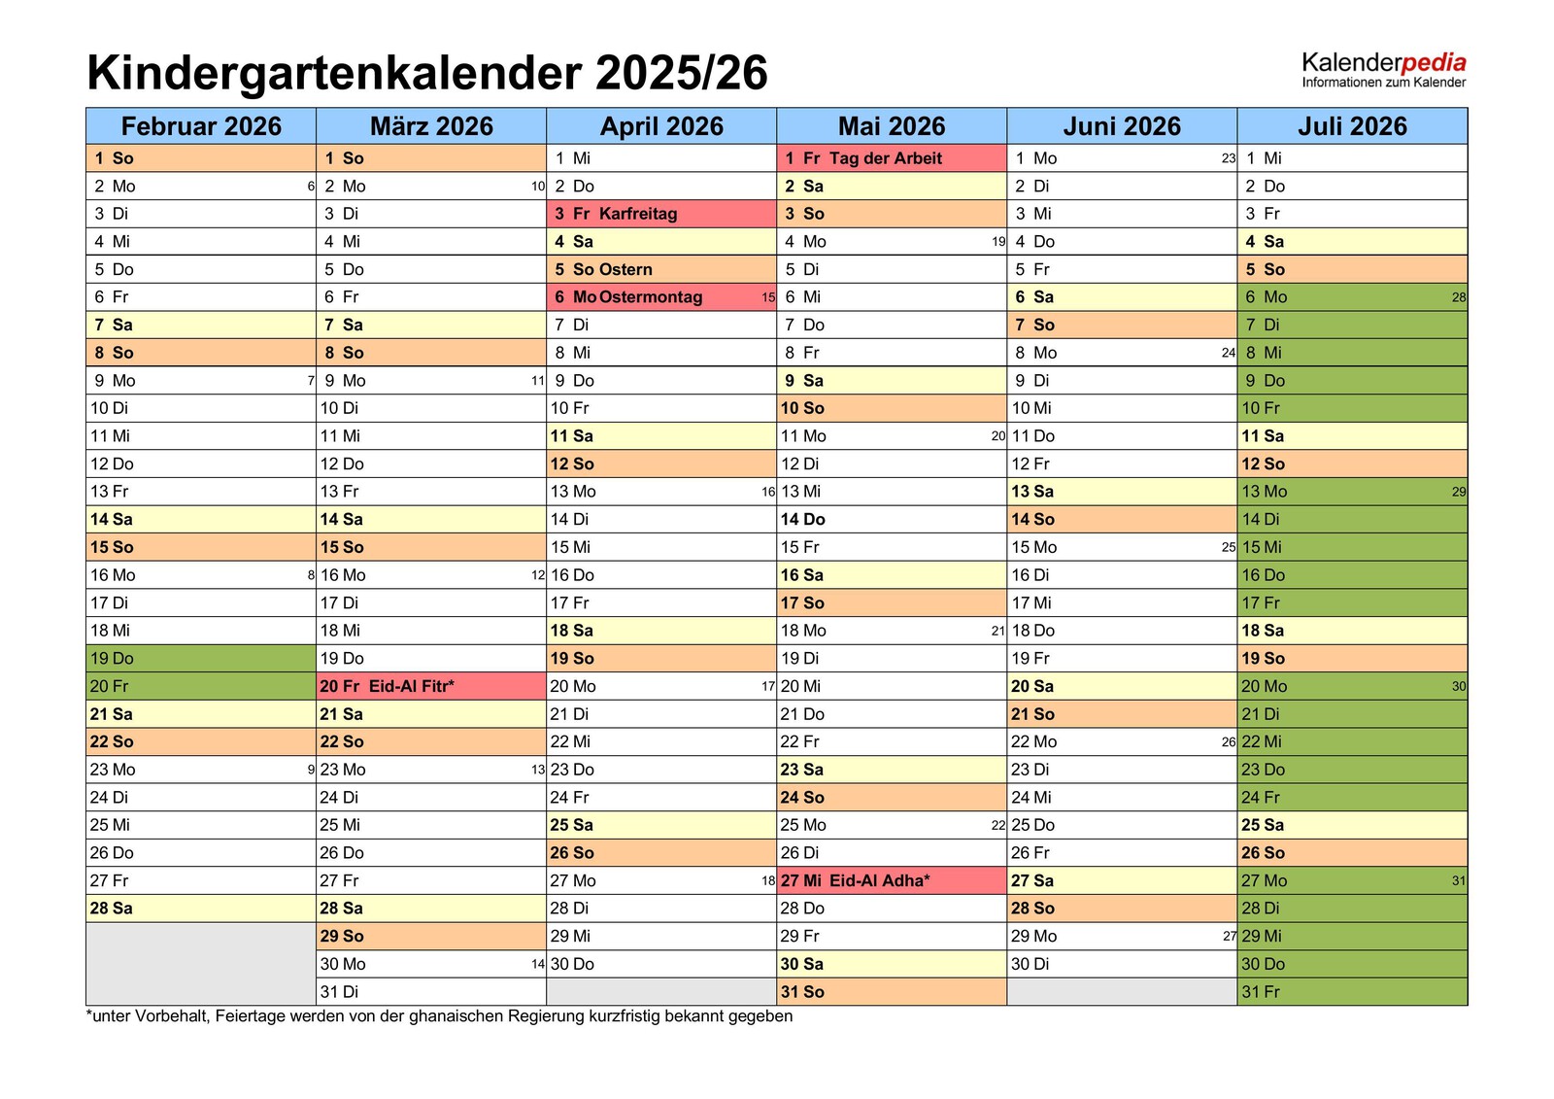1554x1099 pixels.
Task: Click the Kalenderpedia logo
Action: (x=1383, y=63)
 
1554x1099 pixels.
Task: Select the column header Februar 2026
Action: (x=201, y=126)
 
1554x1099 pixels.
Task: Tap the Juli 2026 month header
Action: (x=1352, y=126)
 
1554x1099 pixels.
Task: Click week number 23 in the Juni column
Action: (x=1228, y=158)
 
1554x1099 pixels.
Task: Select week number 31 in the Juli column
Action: (x=1459, y=880)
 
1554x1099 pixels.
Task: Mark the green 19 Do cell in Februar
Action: (x=201, y=658)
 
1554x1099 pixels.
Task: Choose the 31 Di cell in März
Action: (x=431, y=991)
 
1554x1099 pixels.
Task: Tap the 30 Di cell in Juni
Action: (x=1122, y=964)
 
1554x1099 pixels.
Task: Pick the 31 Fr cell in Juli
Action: (x=1352, y=991)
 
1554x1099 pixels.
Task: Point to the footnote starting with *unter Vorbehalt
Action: (x=439, y=1016)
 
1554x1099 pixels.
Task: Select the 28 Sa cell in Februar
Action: (x=201, y=909)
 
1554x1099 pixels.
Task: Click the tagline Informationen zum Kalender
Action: (x=1383, y=83)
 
